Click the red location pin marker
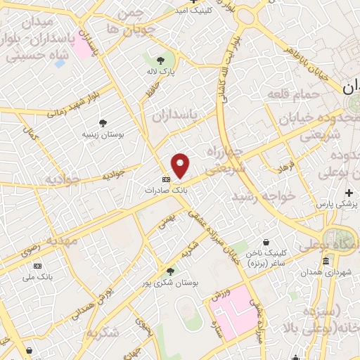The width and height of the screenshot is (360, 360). click(x=181, y=165)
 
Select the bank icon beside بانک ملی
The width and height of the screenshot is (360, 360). click(x=37, y=266)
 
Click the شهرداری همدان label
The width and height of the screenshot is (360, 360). click(x=326, y=271)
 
